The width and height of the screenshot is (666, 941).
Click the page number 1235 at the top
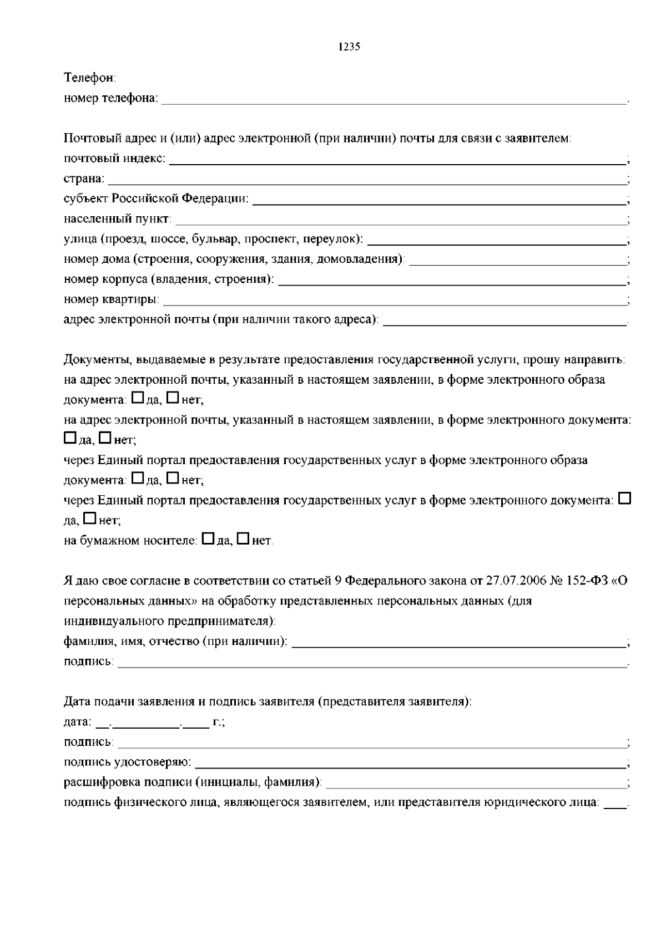349,47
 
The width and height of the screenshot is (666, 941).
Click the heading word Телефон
89,78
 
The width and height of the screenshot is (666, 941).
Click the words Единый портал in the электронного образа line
142,460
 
